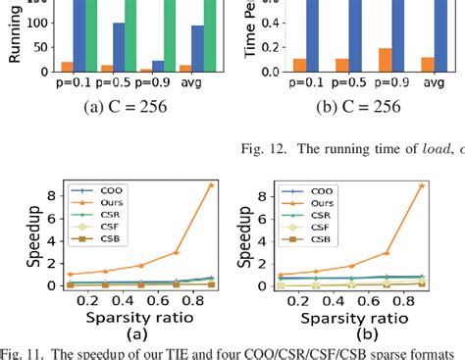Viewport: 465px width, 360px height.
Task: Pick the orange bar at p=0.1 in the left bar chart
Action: tap(67, 67)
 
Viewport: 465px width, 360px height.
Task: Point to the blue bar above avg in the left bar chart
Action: tap(197, 48)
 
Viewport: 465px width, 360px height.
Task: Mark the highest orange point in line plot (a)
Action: tap(211, 184)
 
